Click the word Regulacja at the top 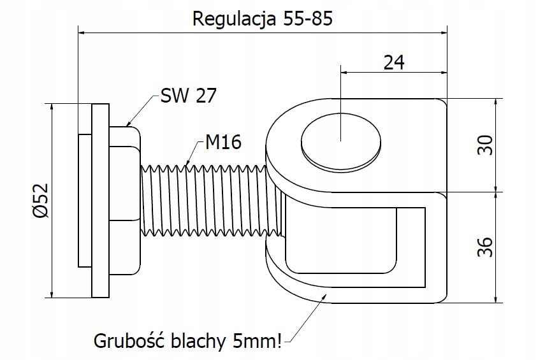235,18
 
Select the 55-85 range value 308,18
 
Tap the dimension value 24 394,62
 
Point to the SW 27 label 189,96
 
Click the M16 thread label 223,141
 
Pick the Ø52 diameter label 41,201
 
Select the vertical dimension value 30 485,145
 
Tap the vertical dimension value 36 485,247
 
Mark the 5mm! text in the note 258,341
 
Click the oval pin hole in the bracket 340,141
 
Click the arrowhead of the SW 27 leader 127,124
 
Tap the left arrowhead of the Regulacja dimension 82,33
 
